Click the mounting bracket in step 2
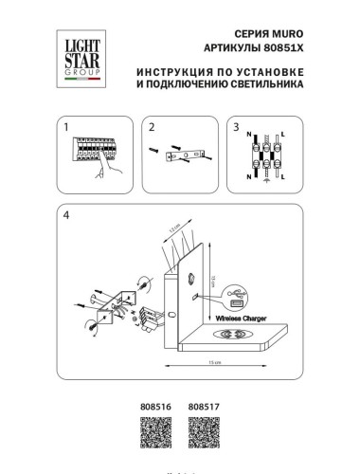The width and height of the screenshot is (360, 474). click(187, 153)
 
